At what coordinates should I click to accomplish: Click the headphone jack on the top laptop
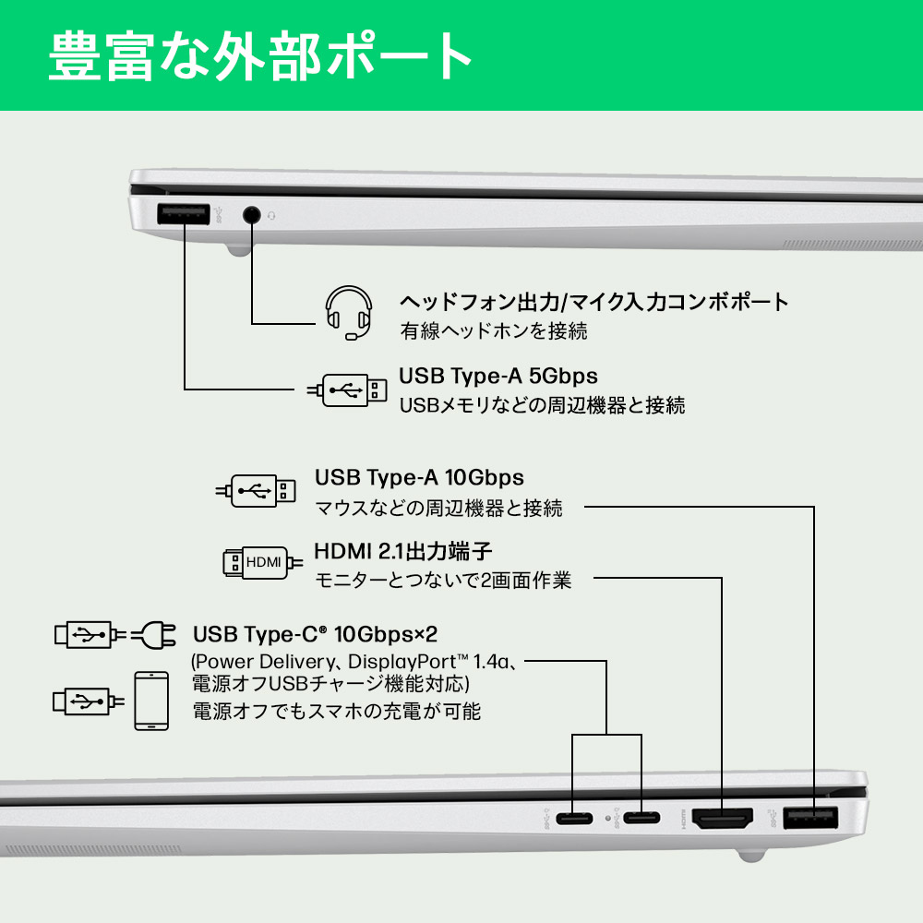click(x=251, y=215)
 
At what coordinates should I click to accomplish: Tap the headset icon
click(x=349, y=313)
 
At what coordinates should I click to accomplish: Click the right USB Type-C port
click(x=641, y=818)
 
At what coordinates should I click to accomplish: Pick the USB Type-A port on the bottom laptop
click(x=810, y=817)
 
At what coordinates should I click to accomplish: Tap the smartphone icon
click(x=151, y=701)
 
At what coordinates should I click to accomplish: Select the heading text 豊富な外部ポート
click(x=260, y=56)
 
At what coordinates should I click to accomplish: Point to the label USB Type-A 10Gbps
click(x=419, y=477)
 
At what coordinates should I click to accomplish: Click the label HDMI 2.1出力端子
click(x=403, y=551)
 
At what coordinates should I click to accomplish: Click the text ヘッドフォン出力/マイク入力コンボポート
click(x=593, y=301)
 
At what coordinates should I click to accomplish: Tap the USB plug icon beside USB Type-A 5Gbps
click(x=347, y=390)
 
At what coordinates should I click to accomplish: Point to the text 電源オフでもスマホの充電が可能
click(x=336, y=711)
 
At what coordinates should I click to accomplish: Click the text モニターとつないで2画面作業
click(x=443, y=581)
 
